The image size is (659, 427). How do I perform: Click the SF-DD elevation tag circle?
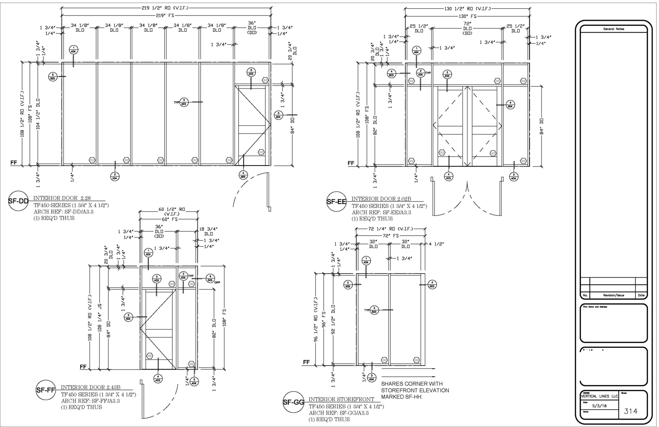click(18, 201)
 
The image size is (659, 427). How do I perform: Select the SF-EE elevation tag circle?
click(336, 202)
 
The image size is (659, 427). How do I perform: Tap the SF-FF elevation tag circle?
click(46, 391)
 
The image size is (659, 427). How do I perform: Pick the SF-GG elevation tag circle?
click(293, 402)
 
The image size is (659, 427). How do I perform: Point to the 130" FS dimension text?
click(467, 16)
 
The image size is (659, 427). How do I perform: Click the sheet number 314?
click(631, 411)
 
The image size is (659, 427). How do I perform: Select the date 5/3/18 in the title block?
click(599, 406)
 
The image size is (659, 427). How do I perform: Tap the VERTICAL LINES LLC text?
click(599, 396)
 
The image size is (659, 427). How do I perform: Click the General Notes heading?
click(614, 29)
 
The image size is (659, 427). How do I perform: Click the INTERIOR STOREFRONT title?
click(341, 399)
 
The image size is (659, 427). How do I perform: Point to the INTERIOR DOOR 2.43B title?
click(90, 387)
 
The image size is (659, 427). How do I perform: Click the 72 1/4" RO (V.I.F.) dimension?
click(391, 229)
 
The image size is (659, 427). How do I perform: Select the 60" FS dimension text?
click(169, 219)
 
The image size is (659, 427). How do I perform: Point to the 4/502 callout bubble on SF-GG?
click(432, 284)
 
